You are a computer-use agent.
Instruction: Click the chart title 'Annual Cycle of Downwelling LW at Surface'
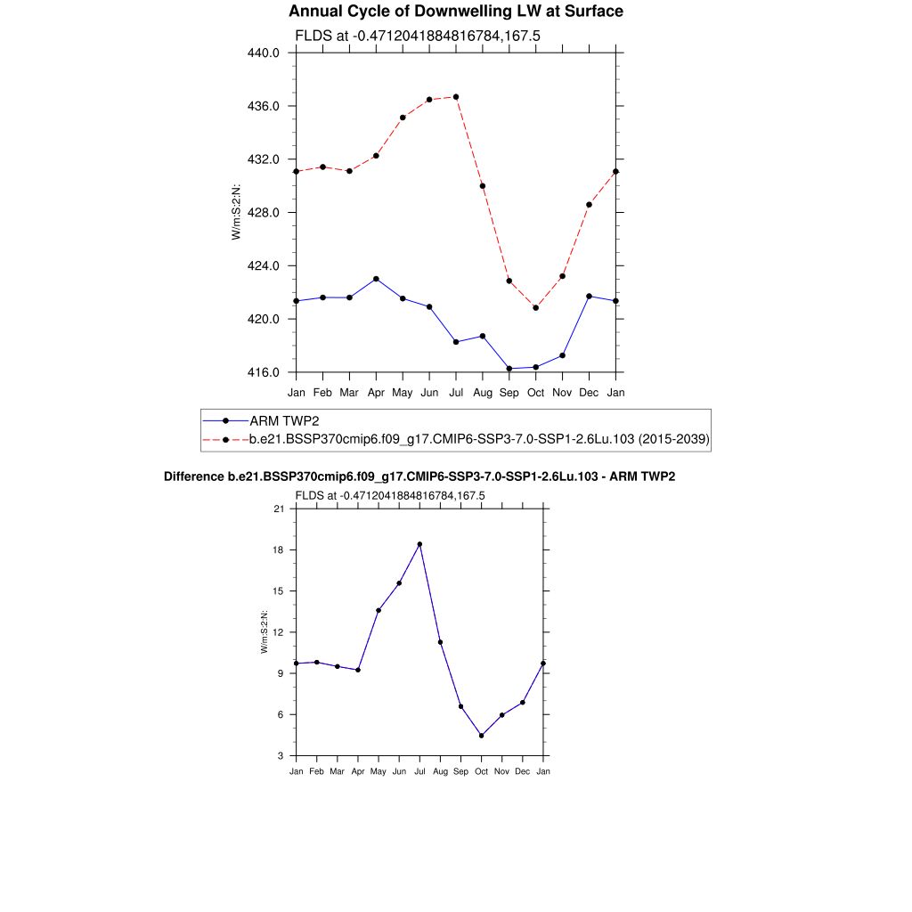pos(456,12)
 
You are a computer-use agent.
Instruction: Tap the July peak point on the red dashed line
pos(456,97)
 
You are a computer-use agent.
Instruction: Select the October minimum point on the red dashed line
pos(535,308)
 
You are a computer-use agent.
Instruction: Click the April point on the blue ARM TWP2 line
pos(376,279)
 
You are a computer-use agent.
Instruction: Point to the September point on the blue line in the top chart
pos(509,369)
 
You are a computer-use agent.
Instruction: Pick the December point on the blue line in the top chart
pos(589,297)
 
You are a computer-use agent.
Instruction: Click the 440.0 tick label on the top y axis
pos(264,53)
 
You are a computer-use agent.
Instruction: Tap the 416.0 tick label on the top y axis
pos(264,372)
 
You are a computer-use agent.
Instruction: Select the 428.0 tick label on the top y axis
pos(264,213)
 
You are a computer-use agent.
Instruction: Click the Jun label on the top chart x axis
pos(429,392)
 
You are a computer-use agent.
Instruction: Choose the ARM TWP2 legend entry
pos(276,420)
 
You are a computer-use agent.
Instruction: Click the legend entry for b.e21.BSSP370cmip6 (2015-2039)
pos(478,439)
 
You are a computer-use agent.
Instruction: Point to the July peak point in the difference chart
pos(419,544)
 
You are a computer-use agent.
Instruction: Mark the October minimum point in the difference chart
pos(481,736)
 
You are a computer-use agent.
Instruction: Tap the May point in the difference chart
pos(379,610)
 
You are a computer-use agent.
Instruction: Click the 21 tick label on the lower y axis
pos(278,509)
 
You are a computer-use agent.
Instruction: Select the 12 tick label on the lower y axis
pos(278,632)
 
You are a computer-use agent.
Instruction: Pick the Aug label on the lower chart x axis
pos(440,771)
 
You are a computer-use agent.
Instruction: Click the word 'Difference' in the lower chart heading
pos(188,476)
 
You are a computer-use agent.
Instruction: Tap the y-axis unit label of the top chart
pos(236,212)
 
